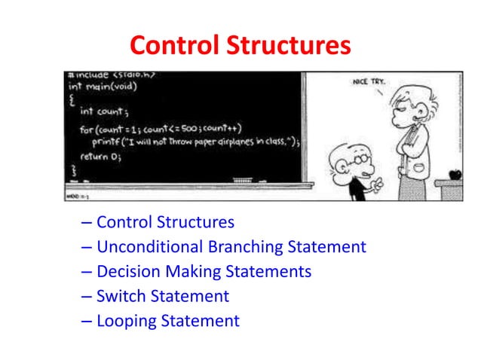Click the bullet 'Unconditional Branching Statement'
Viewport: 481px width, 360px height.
click(231, 247)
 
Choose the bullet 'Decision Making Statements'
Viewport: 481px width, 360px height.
click(204, 271)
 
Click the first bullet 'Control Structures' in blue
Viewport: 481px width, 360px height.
click(165, 222)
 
